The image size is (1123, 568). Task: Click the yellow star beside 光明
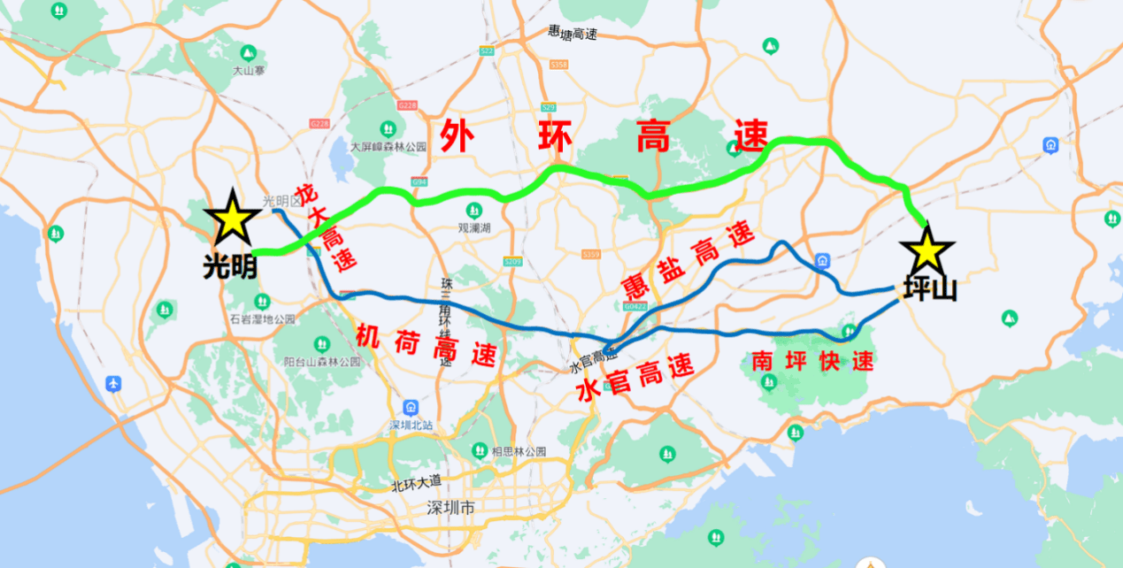click(x=232, y=218)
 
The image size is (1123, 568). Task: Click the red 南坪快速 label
click(x=811, y=360)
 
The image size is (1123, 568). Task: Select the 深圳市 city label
click(x=450, y=509)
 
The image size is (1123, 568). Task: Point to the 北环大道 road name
click(x=416, y=485)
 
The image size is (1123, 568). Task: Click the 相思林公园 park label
click(x=519, y=451)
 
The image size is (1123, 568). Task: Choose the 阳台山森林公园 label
click(x=323, y=361)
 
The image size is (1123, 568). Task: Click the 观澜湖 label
click(x=474, y=228)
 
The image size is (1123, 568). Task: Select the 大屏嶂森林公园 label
click(x=388, y=147)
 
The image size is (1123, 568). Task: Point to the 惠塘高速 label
click(x=573, y=33)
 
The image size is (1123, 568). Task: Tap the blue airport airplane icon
click(x=113, y=384)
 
